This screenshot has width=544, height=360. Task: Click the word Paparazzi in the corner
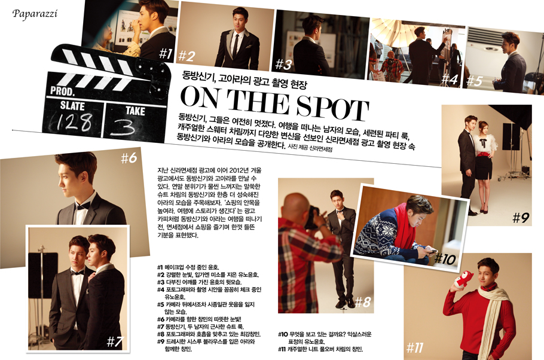tap(35, 14)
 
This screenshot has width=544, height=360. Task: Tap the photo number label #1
tap(166, 53)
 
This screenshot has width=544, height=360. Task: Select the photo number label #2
tap(187, 56)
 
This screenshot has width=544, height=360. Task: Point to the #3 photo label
tap(283, 64)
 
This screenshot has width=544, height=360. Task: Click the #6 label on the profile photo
tap(129, 158)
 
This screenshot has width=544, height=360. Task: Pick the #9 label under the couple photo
tap(521, 218)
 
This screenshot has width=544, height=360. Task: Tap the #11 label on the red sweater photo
tap(415, 347)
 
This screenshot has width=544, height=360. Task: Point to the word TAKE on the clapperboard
tap(135, 111)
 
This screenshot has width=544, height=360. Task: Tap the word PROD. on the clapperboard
tap(62, 91)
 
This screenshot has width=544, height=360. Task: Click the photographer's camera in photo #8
tap(314, 217)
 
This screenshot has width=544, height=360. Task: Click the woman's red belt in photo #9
tap(485, 154)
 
